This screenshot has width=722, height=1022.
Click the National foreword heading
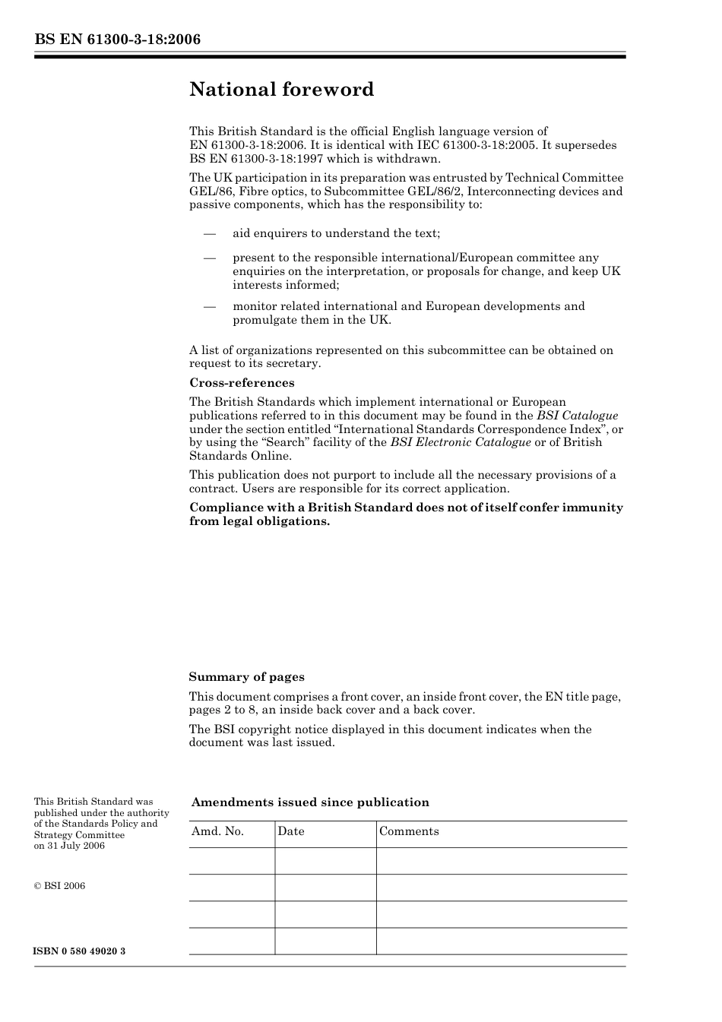click(281, 90)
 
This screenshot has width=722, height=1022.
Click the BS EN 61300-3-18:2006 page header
click(117, 40)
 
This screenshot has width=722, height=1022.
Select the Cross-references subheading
click(242, 383)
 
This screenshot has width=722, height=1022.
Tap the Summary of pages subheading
click(246, 677)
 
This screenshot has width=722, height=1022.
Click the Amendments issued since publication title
click(310, 802)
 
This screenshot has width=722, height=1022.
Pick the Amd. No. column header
click(217, 831)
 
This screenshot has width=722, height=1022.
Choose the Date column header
click(290, 831)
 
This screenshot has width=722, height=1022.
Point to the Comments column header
click(409, 831)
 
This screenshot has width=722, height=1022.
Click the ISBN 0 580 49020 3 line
click(80, 951)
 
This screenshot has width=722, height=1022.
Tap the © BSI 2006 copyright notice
click(59, 886)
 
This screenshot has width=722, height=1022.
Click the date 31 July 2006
click(76, 846)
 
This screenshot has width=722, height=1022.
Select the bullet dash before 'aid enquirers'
click(210, 234)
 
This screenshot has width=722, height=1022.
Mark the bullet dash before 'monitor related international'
click(210, 307)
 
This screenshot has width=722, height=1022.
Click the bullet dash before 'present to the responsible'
click(210, 258)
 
